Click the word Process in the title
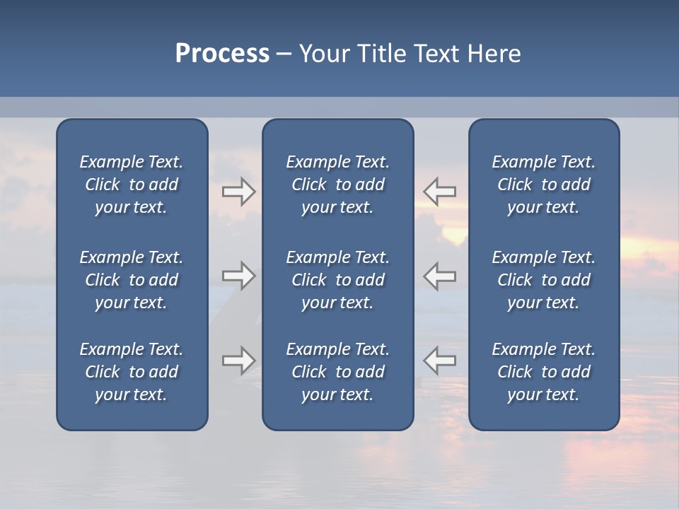(x=222, y=54)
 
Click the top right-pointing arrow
(x=238, y=192)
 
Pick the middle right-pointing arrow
(x=238, y=276)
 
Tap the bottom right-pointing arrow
(x=238, y=361)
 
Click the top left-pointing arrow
(x=440, y=192)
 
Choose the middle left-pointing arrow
(x=440, y=276)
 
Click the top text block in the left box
(x=132, y=185)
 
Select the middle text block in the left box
(x=132, y=280)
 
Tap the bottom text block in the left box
(x=132, y=372)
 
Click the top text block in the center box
(x=337, y=185)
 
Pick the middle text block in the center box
(x=337, y=280)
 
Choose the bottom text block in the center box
(x=337, y=372)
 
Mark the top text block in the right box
(x=543, y=185)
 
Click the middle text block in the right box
(x=543, y=280)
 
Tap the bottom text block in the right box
(x=543, y=372)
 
